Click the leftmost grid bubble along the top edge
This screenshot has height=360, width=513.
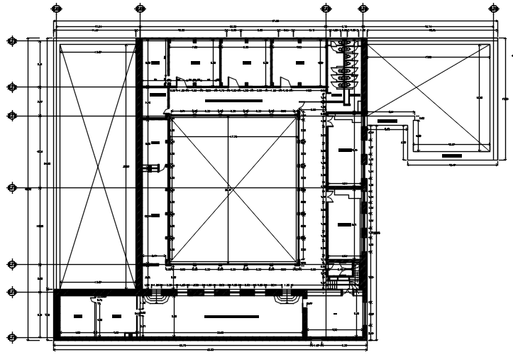56,9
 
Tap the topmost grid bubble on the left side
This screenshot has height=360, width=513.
11,41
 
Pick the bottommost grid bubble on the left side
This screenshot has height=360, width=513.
11,337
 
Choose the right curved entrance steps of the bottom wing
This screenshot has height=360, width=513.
289,298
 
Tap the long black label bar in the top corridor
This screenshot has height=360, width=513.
234,102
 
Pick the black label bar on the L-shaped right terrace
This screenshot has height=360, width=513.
451,154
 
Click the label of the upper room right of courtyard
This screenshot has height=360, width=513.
345,150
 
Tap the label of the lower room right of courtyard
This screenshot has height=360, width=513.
345,224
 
